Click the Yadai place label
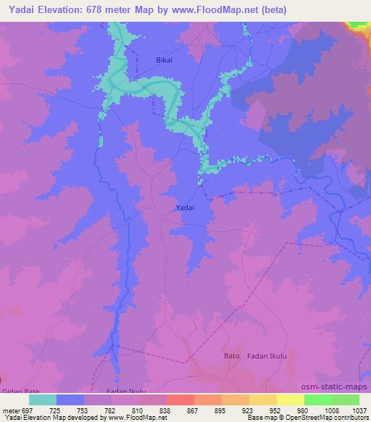[185, 207]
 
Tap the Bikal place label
[165, 60]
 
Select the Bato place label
[231, 356]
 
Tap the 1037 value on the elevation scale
[358, 410]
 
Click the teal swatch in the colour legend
[43, 400]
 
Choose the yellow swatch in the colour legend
[263, 400]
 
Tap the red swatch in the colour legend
[180, 400]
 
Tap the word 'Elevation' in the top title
[69, 9]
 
